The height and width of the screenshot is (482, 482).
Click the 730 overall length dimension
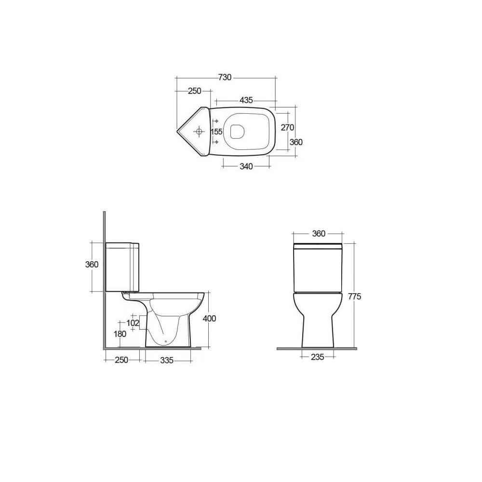tap(225, 77)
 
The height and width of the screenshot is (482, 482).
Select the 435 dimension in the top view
tap(246, 100)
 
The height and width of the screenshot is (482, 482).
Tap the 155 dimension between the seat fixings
tap(216, 132)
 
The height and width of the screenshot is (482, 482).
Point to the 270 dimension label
tap(287, 127)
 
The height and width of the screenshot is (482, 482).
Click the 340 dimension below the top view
tap(246, 167)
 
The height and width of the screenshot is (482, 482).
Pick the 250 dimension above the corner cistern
tap(194, 91)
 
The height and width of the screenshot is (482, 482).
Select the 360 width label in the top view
tap(295, 142)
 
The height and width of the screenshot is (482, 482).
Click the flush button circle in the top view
tap(199, 131)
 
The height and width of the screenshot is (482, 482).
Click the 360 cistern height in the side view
tap(92, 265)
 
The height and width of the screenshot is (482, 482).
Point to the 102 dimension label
tap(133, 322)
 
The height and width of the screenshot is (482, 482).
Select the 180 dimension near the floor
tap(119, 334)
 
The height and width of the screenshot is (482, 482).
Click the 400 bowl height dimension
tap(210, 319)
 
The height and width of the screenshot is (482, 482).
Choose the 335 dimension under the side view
tap(167, 361)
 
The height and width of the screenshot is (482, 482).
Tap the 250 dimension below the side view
tap(121, 361)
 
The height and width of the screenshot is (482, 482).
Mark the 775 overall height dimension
tap(354, 296)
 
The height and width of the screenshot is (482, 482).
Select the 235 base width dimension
tap(317, 357)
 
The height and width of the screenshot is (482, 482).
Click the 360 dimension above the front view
tap(319, 234)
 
